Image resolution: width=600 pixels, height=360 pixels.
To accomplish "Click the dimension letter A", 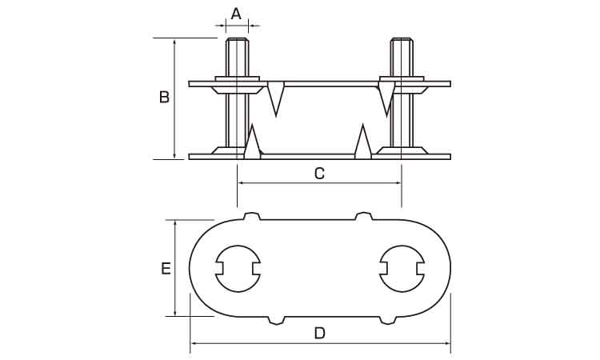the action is pos(237,14).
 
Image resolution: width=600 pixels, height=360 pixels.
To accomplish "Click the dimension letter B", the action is pos(164,97).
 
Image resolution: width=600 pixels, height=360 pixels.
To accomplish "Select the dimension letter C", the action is pos(319,174).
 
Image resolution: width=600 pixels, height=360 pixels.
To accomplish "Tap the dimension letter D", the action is pos(319,334).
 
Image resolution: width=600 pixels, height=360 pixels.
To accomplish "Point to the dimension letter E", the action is pos(166,269).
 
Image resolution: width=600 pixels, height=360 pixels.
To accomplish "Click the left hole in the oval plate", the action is pos(238,269).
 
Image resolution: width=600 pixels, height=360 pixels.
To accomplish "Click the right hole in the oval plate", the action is pos(402,269).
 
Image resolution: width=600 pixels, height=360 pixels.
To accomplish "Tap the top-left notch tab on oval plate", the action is pos(252,216).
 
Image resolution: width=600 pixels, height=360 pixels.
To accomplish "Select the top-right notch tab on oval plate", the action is pos(364,216).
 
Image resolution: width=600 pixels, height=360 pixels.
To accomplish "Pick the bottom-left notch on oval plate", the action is pos(276,320).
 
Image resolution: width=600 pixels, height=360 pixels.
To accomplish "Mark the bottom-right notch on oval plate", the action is pos(388,320).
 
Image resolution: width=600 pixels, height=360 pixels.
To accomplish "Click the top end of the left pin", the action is pos(238,39).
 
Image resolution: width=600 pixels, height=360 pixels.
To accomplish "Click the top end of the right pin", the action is pos(402,39).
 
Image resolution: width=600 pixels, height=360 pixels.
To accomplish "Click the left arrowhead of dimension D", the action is pos(194,343).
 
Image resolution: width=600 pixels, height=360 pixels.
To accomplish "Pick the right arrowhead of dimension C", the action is pos(398,183).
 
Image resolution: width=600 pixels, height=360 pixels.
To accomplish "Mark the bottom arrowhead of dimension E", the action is pos(175,313).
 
